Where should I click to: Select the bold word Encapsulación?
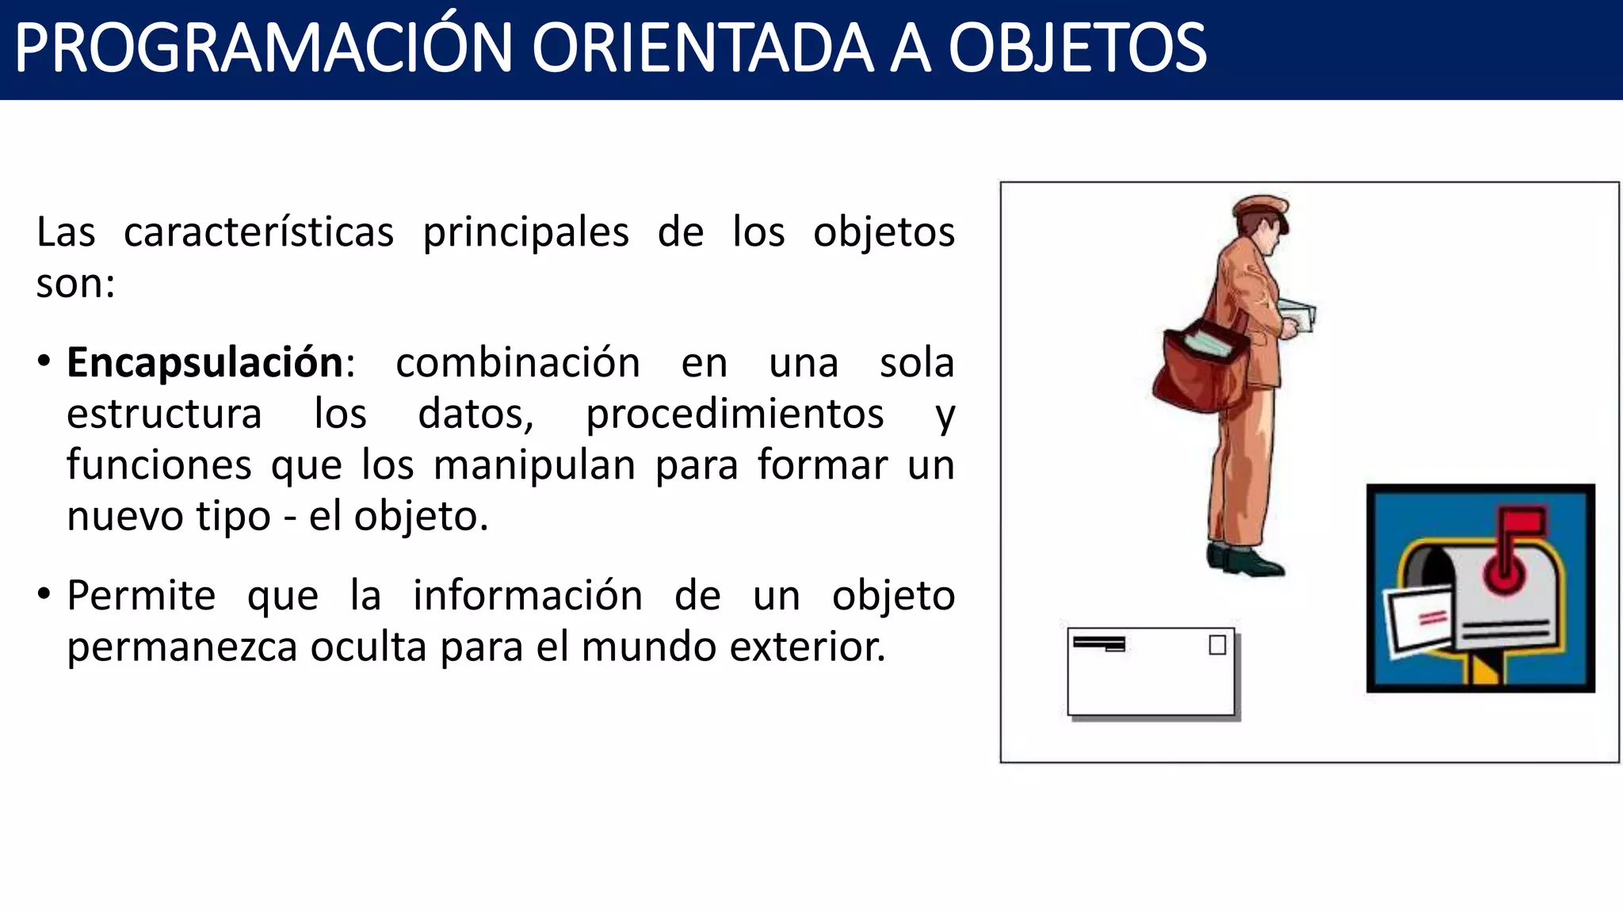pos(205,363)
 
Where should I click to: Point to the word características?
pos(258,232)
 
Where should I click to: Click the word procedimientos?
pos(735,414)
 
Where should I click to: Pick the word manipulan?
pos(534,465)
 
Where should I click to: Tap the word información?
pos(527,596)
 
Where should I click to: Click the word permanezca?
pos(181,647)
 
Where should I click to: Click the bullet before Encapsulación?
pos(44,361)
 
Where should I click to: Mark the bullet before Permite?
pos(44,594)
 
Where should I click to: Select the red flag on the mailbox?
pos(1522,521)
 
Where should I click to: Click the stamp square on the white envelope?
pos(1217,645)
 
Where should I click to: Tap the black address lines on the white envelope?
pos(1099,643)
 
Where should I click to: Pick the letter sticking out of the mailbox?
pos(1419,618)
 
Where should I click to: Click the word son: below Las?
pos(76,284)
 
